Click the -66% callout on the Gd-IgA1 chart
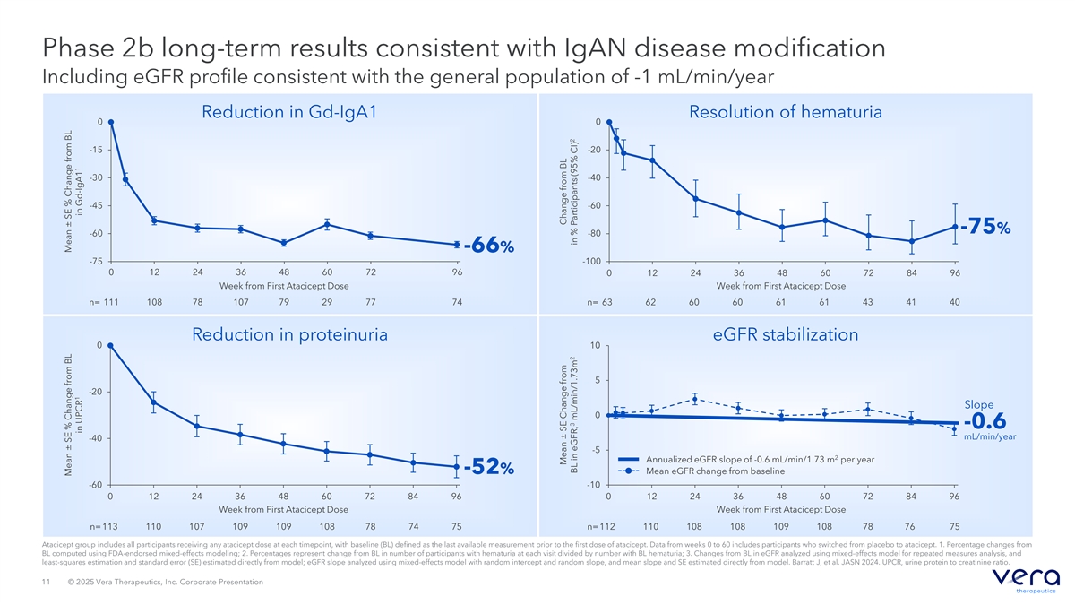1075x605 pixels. (x=488, y=246)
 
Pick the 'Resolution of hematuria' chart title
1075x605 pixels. (x=786, y=112)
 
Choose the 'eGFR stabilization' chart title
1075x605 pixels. (x=786, y=334)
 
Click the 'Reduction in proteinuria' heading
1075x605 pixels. (x=289, y=334)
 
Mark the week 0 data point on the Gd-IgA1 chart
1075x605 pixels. (x=111, y=122)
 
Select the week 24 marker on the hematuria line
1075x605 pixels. (x=696, y=199)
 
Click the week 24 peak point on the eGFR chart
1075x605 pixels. (x=695, y=399)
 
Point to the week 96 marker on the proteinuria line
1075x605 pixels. (x=457, y=467)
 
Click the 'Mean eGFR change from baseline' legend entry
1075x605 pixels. (x=715, y=471)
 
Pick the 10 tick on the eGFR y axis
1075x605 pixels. (x=594, y=346)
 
